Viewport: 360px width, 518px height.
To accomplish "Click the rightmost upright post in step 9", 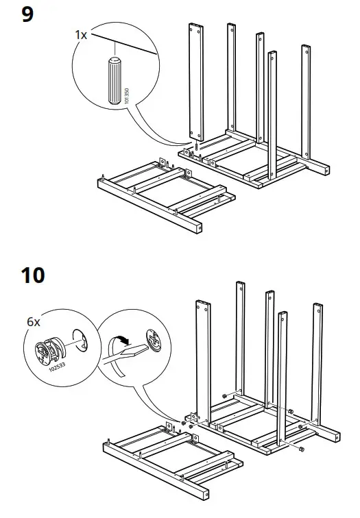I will point(306,103).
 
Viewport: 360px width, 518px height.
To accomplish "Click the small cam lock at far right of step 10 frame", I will point(301,448).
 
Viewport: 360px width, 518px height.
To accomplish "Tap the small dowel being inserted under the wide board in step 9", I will point(197,147).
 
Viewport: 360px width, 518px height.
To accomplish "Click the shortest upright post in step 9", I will point(272,116).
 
